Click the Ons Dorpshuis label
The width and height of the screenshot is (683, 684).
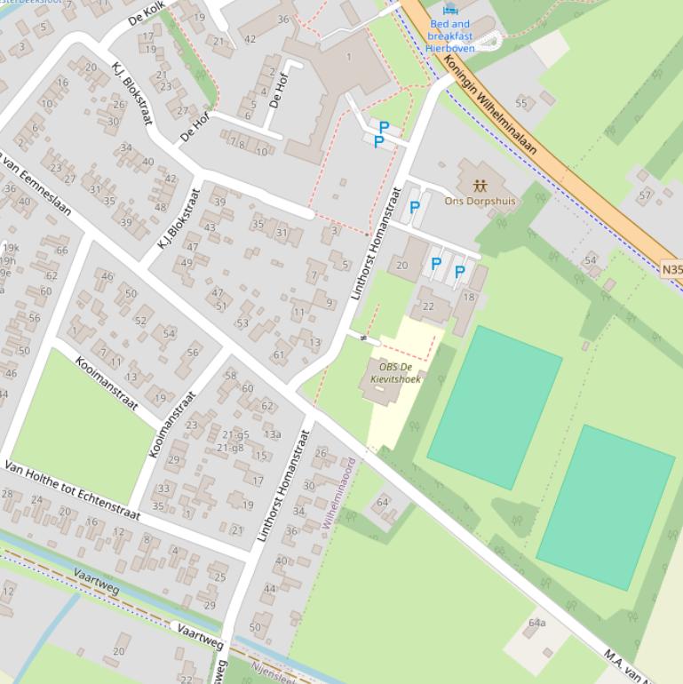tap(480, 202)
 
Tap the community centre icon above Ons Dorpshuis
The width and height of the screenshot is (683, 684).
tap(480, 187)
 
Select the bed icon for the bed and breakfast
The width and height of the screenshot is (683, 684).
tap(450, 10)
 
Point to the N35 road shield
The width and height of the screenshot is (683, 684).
tap(672, 266)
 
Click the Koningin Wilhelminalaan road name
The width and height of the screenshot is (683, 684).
tap(491, 105)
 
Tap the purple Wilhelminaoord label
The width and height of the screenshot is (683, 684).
tap(338, 494)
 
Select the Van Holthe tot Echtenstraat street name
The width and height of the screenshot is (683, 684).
tap(73, 491)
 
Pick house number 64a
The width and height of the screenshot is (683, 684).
tap(536, 623)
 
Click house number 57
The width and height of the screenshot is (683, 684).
tap(645, 195)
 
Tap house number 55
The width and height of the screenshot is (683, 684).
tap(521, 104)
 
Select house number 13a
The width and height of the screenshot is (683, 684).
tap(272, 434)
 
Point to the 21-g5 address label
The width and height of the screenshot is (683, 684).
tap(235, 435)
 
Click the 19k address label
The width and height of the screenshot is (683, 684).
tap(9, 248)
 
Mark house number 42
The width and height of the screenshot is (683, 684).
tap(250, 39)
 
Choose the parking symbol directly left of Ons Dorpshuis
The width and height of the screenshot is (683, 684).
tap(414, 209)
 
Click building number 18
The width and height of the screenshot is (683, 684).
tap(469, 298)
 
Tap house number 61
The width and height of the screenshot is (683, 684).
tap(279, 355)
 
